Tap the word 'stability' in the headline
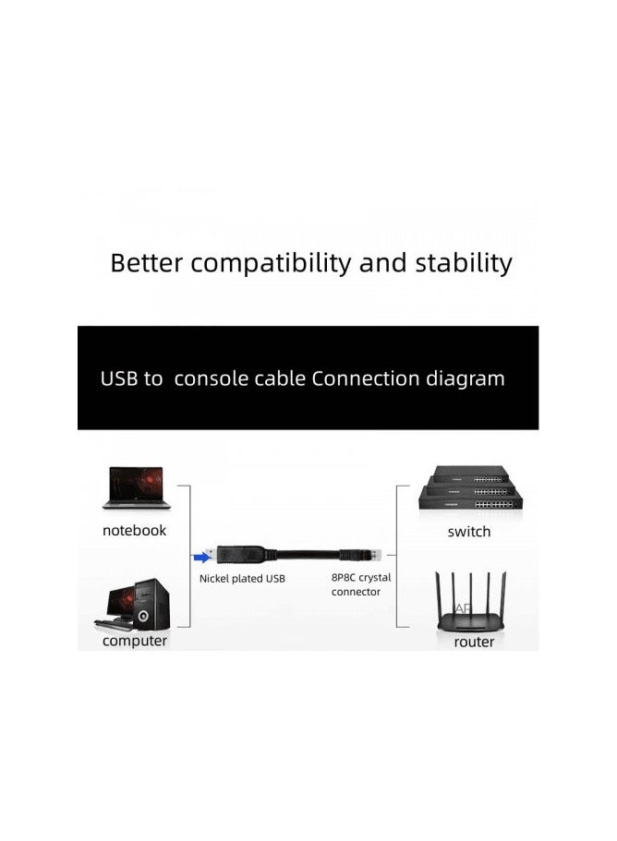(x=459, y=263)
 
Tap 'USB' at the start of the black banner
(x=118, y=378)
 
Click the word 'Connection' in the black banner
(x=366, y=378)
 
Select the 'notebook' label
(x=135, y=531)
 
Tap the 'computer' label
(x=135, y=641)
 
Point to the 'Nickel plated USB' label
(x=243, y=579)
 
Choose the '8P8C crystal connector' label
(x=361, y=584)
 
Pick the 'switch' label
(x=468, y=532)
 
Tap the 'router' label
(x=474, y=642)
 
